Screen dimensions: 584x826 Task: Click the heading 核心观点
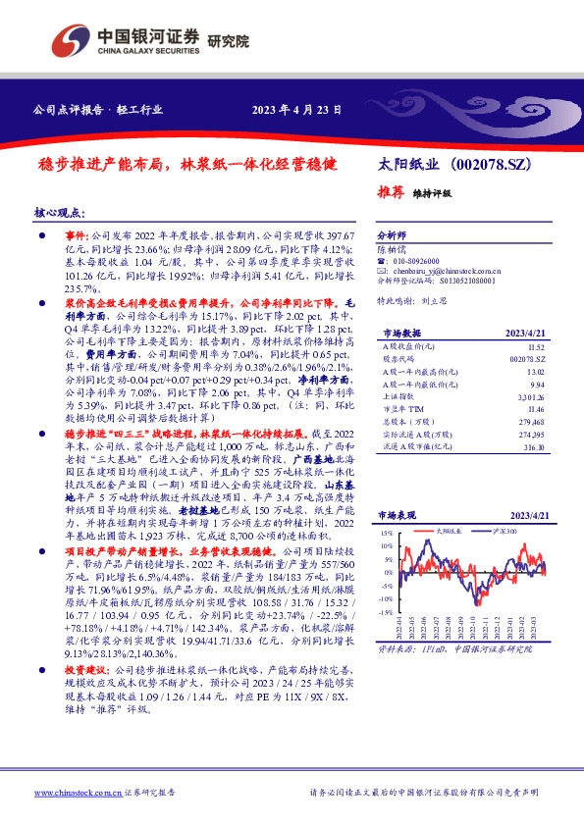coord(60,213)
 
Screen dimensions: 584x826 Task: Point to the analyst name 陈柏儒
coord(392,250)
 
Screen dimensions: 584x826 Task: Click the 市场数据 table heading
coord(398,334)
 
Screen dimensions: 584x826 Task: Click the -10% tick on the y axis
coord(386,597)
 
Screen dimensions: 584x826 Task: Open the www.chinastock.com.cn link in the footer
coord(72,793)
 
